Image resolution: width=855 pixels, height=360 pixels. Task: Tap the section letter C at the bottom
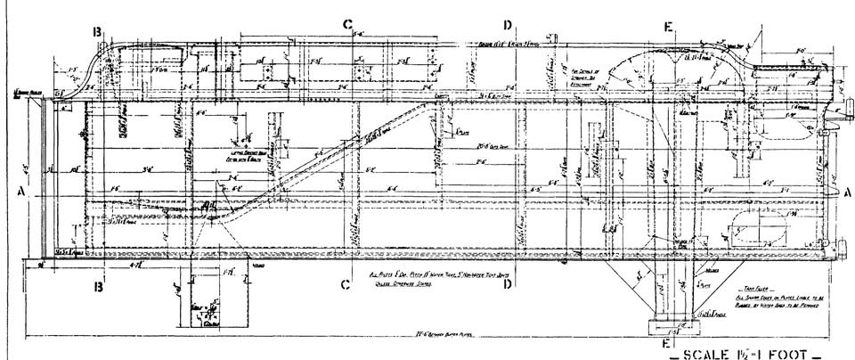tap(345, 285)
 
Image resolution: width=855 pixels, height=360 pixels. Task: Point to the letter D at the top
tap(508, 24)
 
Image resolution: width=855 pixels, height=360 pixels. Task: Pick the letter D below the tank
tap(508, 285)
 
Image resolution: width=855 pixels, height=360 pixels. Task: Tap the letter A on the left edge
tap(20, 191)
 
